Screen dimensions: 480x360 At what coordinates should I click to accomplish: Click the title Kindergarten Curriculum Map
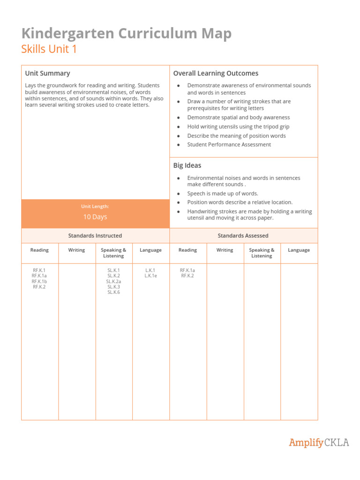click(127, 34)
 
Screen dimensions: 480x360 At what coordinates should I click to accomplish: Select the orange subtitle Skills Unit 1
click(49, 49)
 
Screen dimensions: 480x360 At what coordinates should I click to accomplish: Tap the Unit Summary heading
click(47, 73)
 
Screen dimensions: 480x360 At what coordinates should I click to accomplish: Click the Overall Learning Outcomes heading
click(216, 73)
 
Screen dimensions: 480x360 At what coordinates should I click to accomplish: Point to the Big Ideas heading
click(187, 165)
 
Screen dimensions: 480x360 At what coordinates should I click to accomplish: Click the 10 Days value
click(95, 217)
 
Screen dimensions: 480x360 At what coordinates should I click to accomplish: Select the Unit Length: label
click(95, 206)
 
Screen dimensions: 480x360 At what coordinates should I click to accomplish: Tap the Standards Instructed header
click(95, 236)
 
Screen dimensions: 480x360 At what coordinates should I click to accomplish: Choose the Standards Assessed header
click(243, 236)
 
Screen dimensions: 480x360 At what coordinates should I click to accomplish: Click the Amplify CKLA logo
click(319, 442)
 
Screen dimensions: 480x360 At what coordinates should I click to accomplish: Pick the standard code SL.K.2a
click(113, 281)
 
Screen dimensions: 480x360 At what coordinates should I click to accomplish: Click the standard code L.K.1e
click(150, 276)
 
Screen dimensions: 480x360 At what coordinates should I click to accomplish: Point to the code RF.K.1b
click(39, 281)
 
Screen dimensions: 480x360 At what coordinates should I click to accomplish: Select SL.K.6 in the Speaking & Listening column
click(113, 292)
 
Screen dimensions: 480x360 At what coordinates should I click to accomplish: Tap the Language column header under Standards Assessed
click(299, 250)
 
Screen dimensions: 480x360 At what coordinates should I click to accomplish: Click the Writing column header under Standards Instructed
click(76, 250)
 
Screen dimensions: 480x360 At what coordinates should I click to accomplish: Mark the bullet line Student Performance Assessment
click(229, 145)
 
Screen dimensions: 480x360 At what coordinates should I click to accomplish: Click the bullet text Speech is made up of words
click(223, 194)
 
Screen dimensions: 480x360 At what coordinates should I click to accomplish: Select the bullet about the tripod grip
click(238, 127)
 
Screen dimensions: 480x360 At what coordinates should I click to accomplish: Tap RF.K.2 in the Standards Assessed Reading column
click(187, 276)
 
